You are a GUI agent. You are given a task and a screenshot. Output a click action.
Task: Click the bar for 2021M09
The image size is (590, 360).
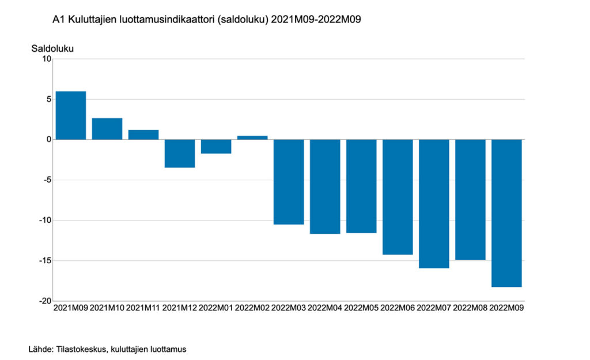(x=71, y=115)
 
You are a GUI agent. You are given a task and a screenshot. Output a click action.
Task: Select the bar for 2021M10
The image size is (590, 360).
(x=107, y=128)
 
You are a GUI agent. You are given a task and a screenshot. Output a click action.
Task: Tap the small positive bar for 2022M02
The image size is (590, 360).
(x=252, y=138)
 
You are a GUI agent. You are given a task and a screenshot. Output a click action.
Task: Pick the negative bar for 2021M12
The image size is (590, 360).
(x=180, y=153)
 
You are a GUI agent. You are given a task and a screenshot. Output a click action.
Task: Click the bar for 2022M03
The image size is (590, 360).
(x=289, y=181)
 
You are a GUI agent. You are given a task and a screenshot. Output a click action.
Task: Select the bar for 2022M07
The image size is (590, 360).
(x=434, y=203)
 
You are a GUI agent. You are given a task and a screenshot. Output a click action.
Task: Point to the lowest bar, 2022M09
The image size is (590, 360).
(x=506, y=213)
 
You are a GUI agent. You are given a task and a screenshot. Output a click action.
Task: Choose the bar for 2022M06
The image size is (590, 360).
(x=398, y=196)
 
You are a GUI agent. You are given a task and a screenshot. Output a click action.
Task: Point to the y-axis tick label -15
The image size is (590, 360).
(x=44, y=260)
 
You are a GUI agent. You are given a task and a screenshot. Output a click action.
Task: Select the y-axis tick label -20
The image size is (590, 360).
(x=44, y=301)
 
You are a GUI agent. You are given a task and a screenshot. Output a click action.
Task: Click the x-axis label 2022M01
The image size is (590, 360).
(x=216, y=308)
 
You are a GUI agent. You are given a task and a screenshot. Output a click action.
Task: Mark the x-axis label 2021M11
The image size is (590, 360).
(x=143, y=308)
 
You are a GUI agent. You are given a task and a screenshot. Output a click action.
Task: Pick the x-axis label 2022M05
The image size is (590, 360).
(x=361, y=308)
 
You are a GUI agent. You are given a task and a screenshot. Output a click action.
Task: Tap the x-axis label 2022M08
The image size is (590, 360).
(x=470, y=308)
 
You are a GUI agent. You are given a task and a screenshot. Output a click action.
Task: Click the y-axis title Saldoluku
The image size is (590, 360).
(x=52, y=48)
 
